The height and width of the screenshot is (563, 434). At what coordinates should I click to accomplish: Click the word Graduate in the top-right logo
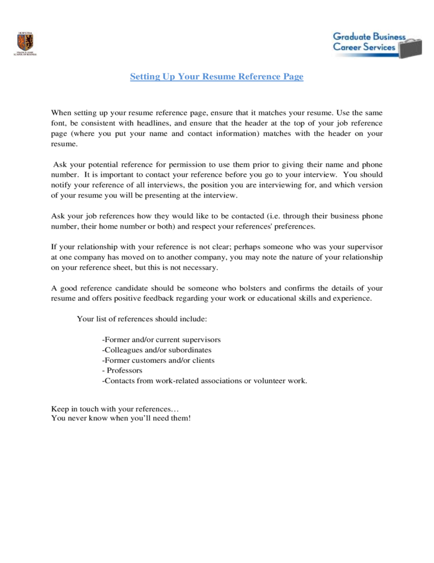click(352, 36)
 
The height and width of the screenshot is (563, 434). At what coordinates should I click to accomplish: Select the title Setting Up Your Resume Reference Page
click(217, 77)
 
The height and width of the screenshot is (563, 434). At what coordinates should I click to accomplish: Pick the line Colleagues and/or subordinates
click(157, 350)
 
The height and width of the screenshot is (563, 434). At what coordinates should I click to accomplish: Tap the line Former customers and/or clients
click(159, 360)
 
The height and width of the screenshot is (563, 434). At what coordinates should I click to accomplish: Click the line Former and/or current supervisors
click(162, 340)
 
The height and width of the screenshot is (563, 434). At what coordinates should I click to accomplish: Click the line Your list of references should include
click(142, 319)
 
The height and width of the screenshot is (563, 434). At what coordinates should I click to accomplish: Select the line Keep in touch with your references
click(115, 409)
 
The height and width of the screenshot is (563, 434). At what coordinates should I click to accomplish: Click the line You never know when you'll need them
click(121, 418)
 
